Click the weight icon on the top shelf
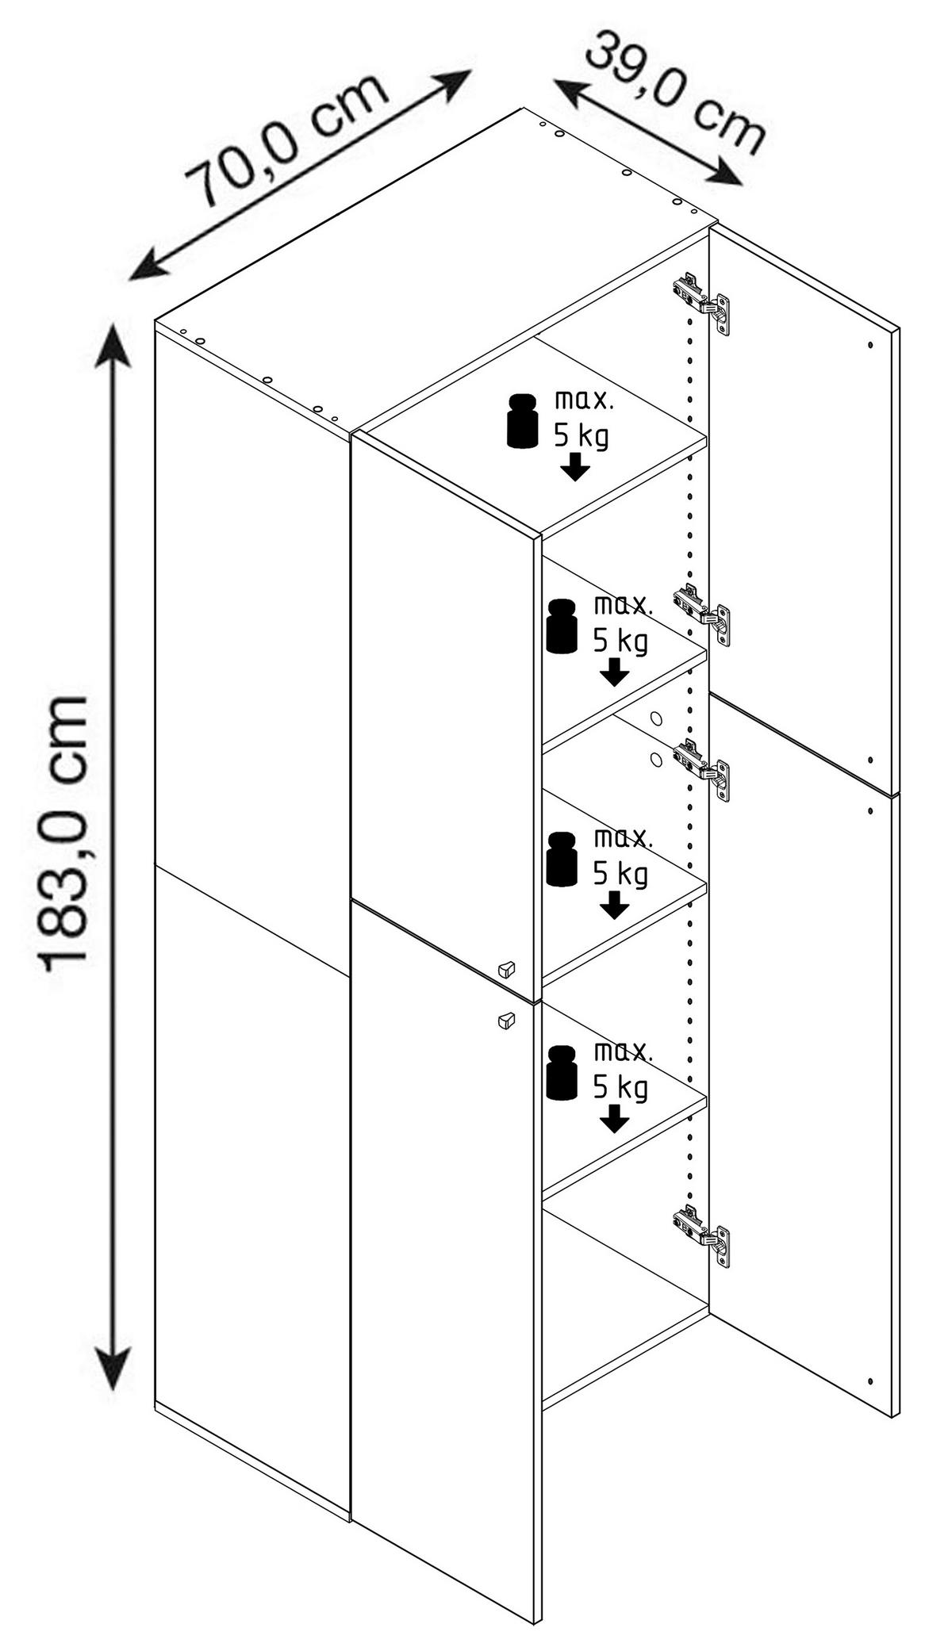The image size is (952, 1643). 521,419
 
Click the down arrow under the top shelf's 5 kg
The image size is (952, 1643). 574,467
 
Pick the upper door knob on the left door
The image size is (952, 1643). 505,968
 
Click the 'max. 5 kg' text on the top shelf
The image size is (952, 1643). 584,418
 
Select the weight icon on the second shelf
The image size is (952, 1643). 562,626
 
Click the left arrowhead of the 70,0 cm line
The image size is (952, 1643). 147,266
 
